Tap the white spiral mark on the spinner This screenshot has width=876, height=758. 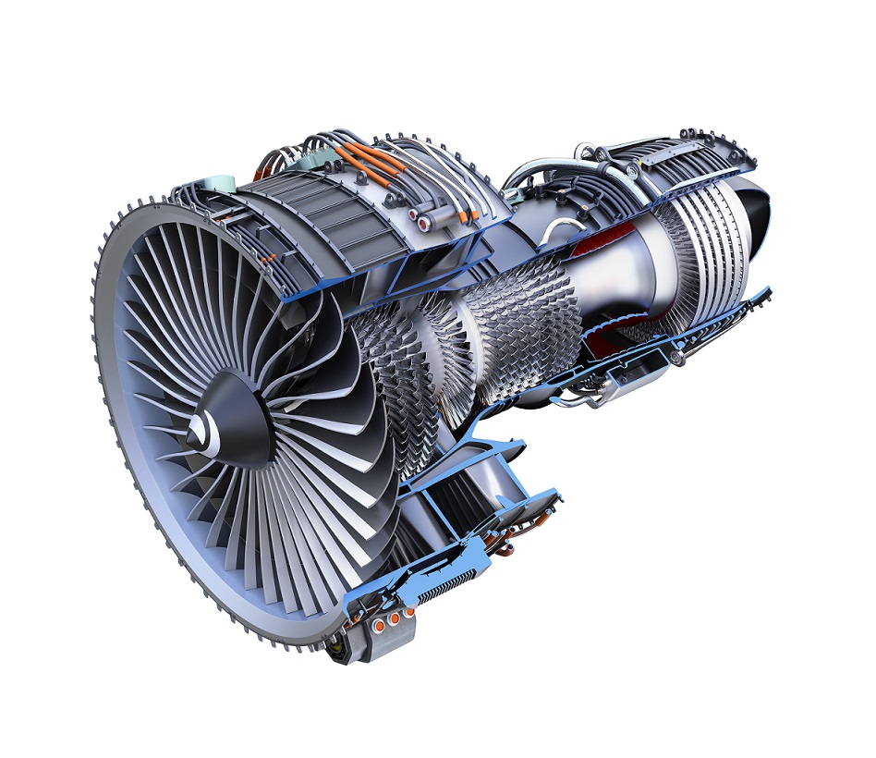click(211, 427)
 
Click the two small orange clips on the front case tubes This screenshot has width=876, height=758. click(267, 262)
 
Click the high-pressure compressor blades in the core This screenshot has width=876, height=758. click(517, 314)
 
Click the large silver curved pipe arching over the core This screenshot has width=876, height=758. click(536, 171)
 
